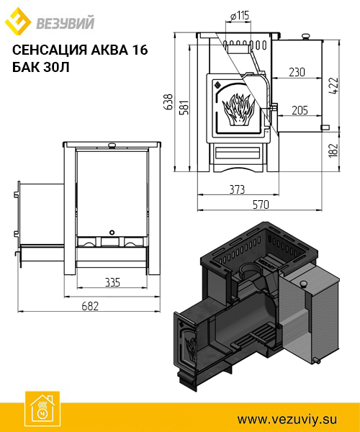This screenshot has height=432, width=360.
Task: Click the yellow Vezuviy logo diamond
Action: (17, 21)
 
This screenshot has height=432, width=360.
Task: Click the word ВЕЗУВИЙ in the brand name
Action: (66, 23)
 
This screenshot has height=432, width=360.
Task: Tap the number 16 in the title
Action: (140, 50)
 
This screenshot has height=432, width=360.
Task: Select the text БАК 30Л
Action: (41, 67)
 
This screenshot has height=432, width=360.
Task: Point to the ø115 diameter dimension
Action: (239, 16)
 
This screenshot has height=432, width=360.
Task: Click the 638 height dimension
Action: (168, 102)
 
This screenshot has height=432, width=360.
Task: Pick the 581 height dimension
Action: (184, 107)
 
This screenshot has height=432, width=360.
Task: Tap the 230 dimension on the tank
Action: (297, 72)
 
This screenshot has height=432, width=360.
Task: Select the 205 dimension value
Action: (300, 110)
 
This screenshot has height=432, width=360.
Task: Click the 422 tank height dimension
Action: (333, 86)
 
